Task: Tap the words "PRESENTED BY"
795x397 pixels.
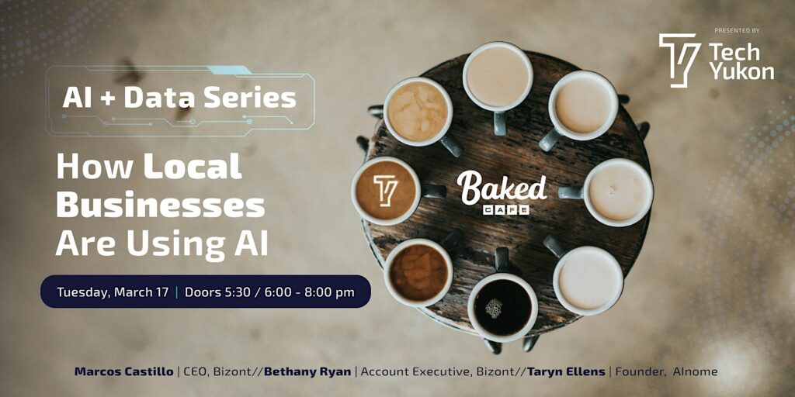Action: (736, 30)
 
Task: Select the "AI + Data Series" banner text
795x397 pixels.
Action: (179, 98)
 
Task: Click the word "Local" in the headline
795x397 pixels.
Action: (193, 167)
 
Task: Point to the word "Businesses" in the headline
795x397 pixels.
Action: (161, 205)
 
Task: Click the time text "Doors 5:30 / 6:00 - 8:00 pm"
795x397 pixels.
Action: (269, 292)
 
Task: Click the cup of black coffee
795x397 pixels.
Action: (502, 306)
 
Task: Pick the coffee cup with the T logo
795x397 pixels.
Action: (386, 190)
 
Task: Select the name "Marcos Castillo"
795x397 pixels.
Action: (123, 372)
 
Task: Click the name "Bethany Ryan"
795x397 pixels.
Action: (307, 372)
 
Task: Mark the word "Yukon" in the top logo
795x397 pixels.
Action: (741, 71)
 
